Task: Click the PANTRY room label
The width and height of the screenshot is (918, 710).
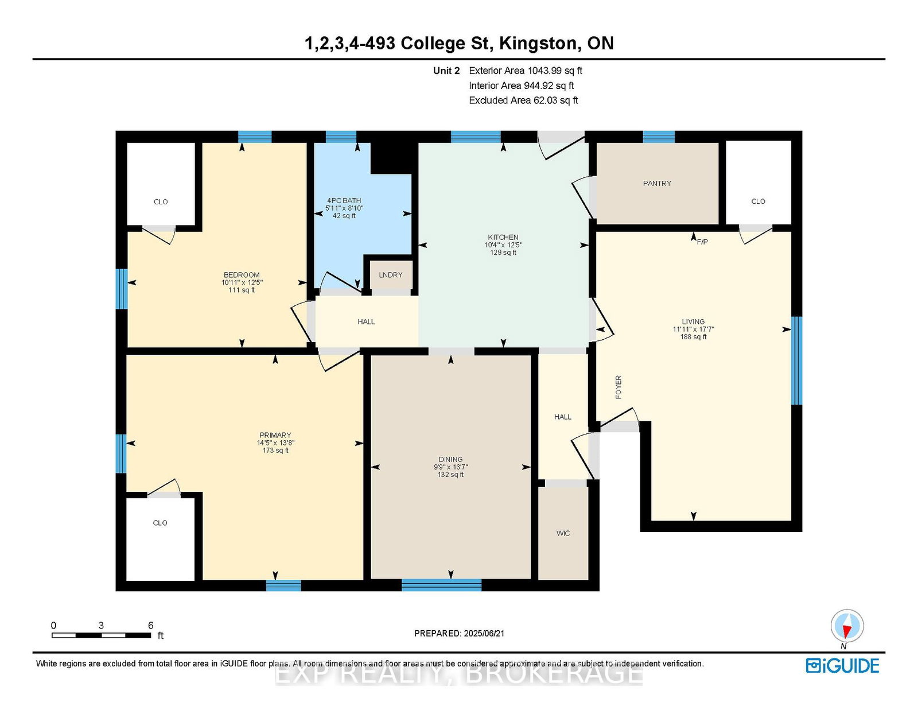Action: click(657, 184)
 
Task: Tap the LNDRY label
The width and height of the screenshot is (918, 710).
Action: click(390, 275)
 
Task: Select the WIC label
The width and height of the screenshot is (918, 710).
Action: click(563, 533)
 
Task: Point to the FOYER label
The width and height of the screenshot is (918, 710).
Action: click(619, 387)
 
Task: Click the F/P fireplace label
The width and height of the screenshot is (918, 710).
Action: click(702, 242)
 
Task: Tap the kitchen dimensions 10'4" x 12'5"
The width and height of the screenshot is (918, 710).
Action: click(503, 245)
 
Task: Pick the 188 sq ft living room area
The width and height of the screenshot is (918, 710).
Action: click(693, 337)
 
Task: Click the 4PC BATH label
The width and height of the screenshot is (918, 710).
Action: click(344, 201)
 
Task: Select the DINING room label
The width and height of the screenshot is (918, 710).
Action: click(450, 459)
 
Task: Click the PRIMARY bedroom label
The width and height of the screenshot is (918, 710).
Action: click(275, 435)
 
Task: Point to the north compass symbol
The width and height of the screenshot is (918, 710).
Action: click(847, 626)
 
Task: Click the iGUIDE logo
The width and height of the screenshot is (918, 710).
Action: click(842, 666)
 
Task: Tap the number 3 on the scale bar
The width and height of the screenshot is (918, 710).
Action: click(101, 626)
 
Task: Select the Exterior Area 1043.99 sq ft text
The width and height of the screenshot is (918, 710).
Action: click(526, 71)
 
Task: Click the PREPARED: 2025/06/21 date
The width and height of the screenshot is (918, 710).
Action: click(459, 634)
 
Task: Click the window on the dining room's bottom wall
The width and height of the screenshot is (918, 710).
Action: click(441, 585)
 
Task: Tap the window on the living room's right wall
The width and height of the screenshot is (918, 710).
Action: click(796, 360)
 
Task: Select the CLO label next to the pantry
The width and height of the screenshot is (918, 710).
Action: click(758, 201)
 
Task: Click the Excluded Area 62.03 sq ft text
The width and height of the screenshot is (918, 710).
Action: click(523, 100)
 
